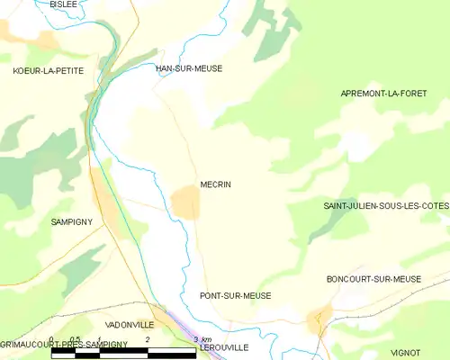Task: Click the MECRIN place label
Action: pyautogui.click(x=216, y=184)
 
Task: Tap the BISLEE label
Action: pyautogui.click(x=63, y=4)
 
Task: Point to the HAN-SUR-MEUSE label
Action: pyautogui.click(x=189, y=68)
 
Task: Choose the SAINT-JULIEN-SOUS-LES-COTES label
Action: pyautogui.click(x=386, y=206)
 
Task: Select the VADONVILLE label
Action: pyautogui.click(x=130, y=324)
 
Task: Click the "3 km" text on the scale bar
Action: pyautogui.click(x=202, y=339)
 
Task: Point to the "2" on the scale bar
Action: pyautogui.click(x=148, y=339)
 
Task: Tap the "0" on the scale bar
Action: pyautogui.click(x=52, y=339)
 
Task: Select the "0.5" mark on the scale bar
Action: pyautogui.click(x=76, y=339)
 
